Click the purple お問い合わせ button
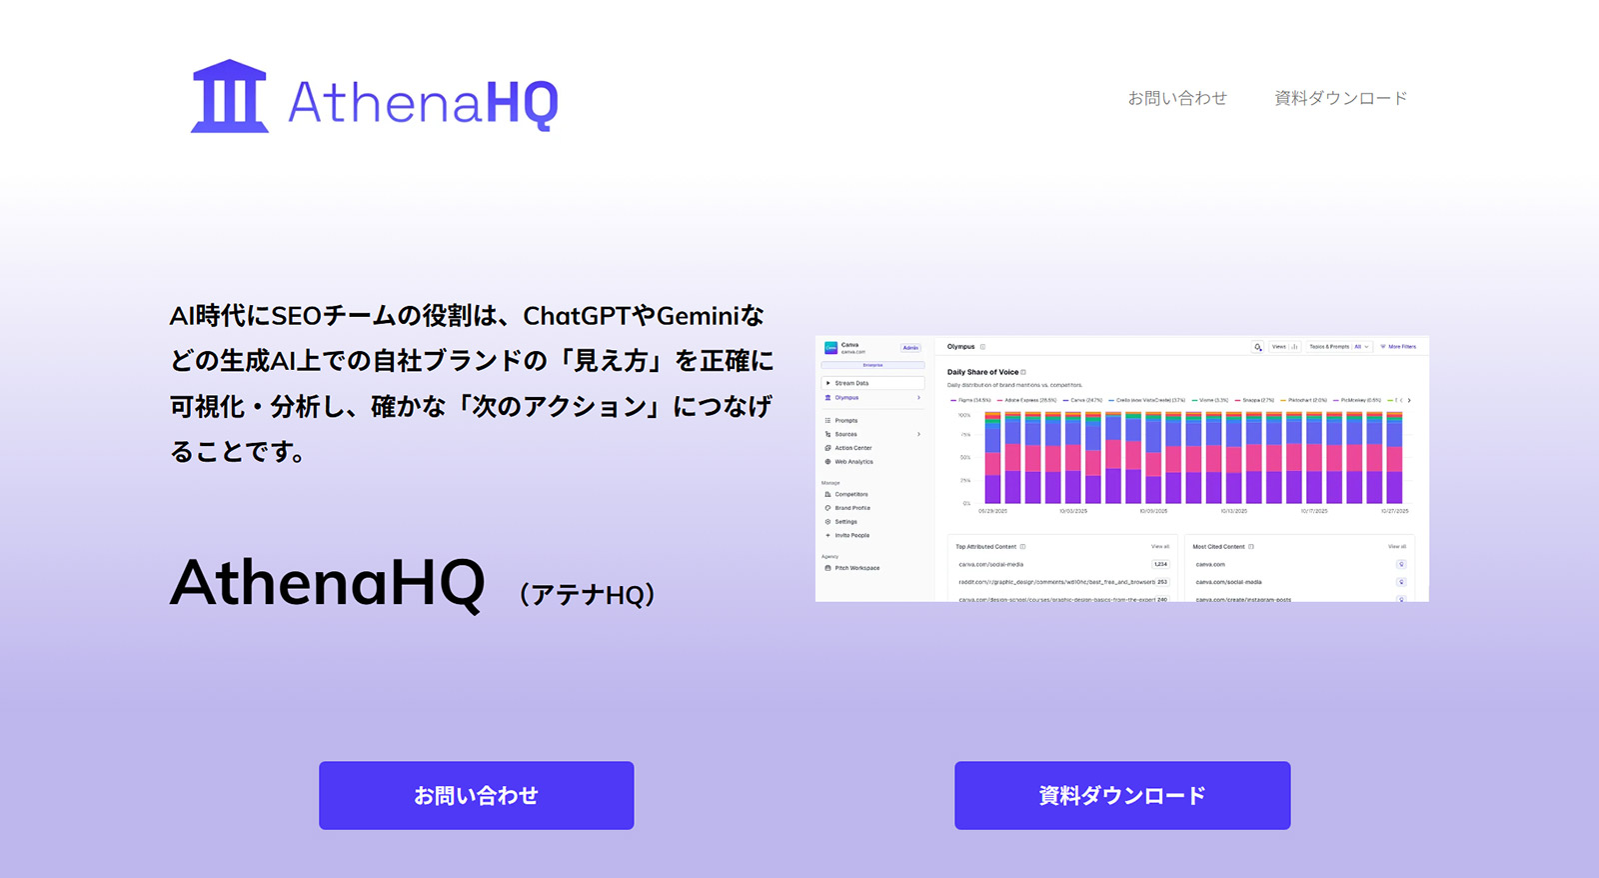(x=476, y=795)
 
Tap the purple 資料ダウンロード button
(x=1121, y=795)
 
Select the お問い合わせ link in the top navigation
(x=1177, y=98)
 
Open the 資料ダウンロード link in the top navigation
(x=1340, y=98)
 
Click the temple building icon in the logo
(x=229, y=97)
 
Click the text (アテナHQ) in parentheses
(x=587, y=594)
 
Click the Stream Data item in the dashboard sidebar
(x=851, y=383)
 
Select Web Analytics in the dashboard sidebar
(x=853, y=462)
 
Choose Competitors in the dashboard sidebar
(x=851, y=494)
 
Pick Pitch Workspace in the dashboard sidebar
(x=856, y=568)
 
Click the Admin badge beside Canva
(x=910, y=348)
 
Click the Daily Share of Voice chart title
(x=982, y=372)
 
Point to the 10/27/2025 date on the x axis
(x=1394, y=511)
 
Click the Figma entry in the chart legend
(x=971, y=400)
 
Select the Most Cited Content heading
(x=1218, y=547)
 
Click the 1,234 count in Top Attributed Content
(x=1160, y=564)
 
